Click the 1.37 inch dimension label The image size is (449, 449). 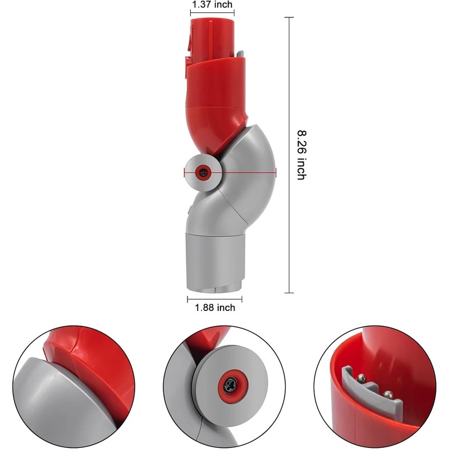click(212, 4)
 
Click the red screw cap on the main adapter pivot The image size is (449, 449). click(202, 173)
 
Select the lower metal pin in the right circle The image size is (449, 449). click(386, 393)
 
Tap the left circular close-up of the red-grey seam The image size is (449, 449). click(74, 388)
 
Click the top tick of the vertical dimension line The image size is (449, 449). click(290, 17)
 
